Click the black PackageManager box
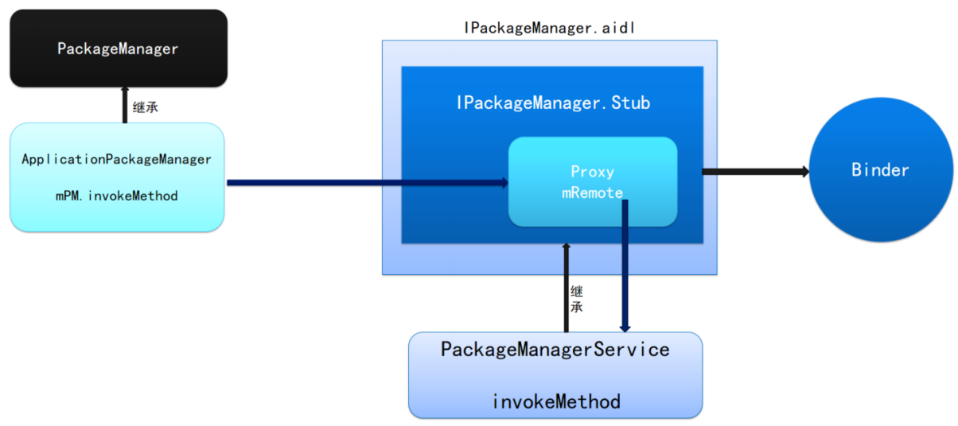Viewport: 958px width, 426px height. [x=119, y=48]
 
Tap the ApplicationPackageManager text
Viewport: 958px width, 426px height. [x=116, y=160]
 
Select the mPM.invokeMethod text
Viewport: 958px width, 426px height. [x=116, y=196]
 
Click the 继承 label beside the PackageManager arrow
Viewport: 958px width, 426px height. [x=146, y=106]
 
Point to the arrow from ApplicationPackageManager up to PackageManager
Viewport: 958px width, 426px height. [x=125, y=105]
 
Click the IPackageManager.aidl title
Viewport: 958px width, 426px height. [x=549, y=28]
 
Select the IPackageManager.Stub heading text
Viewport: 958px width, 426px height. [x=553, y=103]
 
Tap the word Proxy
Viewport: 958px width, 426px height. [x=592, y=172]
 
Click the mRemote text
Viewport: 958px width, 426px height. [x=592, y=192]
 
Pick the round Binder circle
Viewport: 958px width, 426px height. [x=881, y=169]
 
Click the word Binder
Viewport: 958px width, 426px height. [x=880, y=170]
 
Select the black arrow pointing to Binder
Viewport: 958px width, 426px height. [x=756, y=172]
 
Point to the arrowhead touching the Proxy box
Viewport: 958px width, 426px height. [x=504, y=183]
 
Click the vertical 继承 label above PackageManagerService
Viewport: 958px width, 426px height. [x=577, y=299]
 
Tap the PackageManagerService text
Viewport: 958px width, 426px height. [x=555, y=350]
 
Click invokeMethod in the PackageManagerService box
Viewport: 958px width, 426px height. [x=556, y=402]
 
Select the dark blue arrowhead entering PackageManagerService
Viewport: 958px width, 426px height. [x=625, y=328]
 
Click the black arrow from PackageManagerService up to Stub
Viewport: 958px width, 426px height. [x=567, y=288]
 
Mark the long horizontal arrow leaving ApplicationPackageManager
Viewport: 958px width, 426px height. [x=368, y=183]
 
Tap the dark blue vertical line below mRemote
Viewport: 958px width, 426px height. [x=625, y=265]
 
